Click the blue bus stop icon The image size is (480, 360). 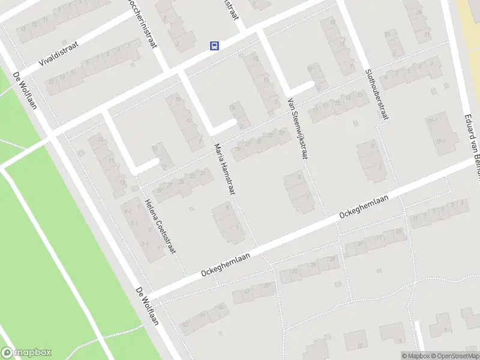coord(214,45)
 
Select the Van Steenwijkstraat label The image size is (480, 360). coord(298,128)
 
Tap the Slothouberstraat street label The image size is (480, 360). coord(376,94)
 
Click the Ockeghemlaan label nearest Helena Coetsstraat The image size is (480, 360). coord(226,263)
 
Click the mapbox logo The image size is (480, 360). coord(26,353)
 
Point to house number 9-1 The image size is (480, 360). coord(128,211)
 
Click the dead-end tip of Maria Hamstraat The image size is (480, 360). coord(232,122)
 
